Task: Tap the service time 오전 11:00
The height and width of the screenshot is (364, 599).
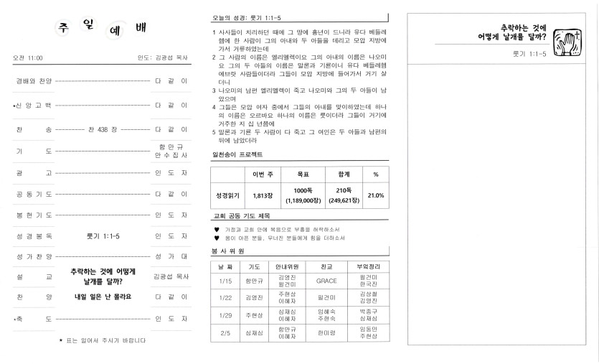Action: click(x=28, y=57)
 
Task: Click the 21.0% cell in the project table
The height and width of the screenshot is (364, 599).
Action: click(x=375, y=195)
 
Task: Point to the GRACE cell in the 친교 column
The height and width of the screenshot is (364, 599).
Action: click(x=326, y=281)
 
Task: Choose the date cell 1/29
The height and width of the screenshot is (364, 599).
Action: click(x=225, y=315)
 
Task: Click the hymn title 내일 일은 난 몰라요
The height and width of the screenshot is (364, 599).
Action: click(x=103, y=296)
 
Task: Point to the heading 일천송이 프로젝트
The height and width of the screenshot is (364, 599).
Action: click(x=237, y=154)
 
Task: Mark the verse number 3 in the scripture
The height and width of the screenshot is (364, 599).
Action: click(x=214, y=90)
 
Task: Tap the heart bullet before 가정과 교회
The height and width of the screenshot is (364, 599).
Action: click(x=217, y=229)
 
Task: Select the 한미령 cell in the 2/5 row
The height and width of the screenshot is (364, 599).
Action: click(x=326, y=332)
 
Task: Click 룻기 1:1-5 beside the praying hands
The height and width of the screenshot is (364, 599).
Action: click(x=529, y=54)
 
